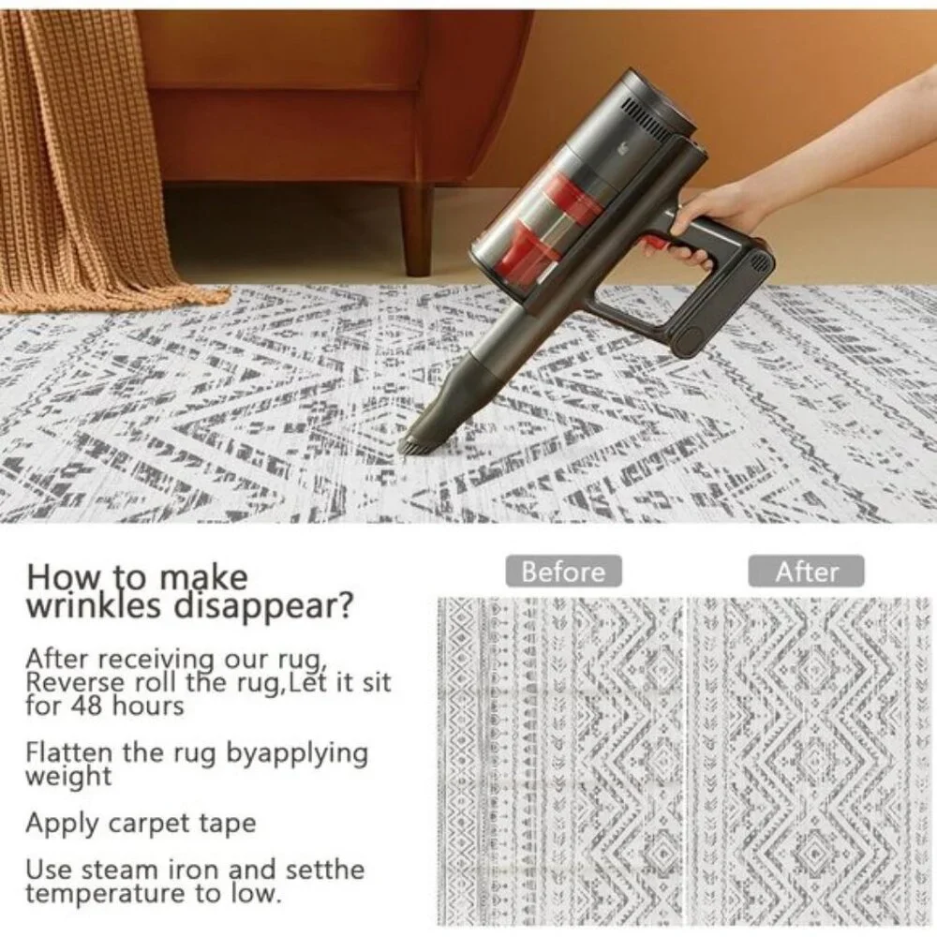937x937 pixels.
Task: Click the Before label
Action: pyautogui.click(x=563, y=572)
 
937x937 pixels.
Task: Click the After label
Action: pyautogui.click(x=806, y=572)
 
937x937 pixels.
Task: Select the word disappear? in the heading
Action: pyautogui.click(x=263, y=606)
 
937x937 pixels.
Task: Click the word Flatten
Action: pyautogui.click(x=68, y=752)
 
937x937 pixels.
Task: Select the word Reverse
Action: pyautogui.click(x=76, y=682)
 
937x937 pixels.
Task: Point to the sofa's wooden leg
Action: pyautogui.click(x=416, y=231)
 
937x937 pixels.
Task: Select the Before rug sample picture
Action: pyautogui.click(x=560, y=761)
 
